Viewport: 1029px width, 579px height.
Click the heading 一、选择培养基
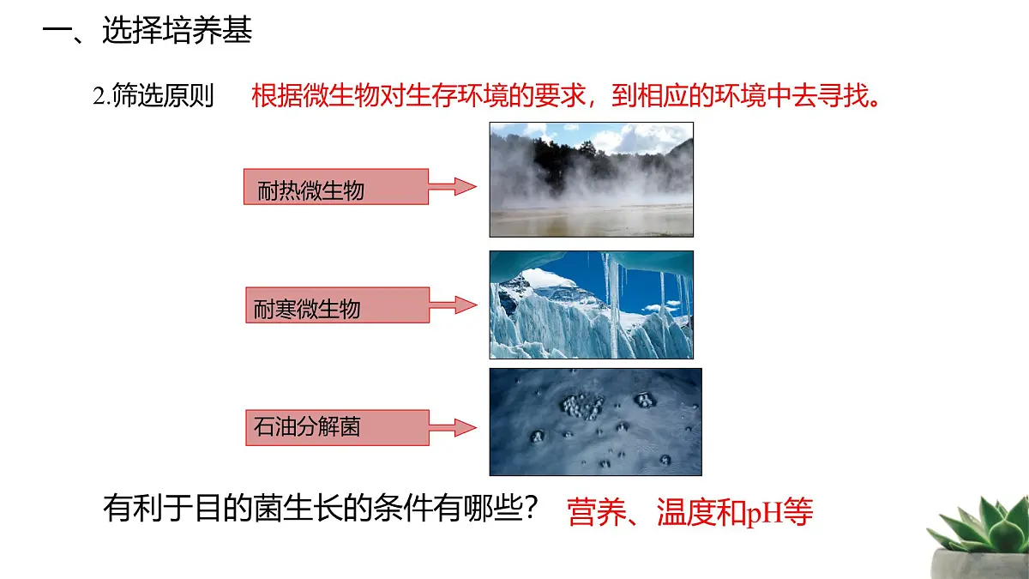147,33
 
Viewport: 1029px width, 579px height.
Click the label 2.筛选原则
153,96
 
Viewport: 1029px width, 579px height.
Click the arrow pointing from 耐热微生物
453,186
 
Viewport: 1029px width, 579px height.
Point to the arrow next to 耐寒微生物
453,305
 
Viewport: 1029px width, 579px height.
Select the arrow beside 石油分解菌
453,426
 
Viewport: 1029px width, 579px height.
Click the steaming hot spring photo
591,179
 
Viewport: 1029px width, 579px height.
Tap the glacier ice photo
591,305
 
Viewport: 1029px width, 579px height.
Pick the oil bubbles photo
595,422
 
